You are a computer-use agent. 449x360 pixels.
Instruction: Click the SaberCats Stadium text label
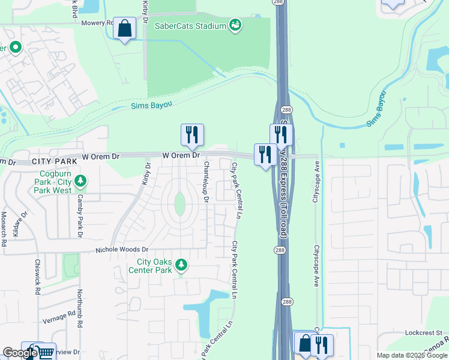[x=190, y=25]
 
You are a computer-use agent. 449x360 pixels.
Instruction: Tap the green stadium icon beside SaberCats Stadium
[x=235, y=25]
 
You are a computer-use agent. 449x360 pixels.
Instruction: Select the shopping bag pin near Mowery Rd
[x=124, y=28]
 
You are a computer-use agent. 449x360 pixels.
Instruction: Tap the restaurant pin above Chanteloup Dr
[x=192, y=136]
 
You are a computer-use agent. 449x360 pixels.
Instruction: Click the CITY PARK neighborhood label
[x=55, y=162]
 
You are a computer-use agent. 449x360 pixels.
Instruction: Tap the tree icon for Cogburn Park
[x=80, y=181]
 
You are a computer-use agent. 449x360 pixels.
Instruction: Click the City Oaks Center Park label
[x=154, y=266]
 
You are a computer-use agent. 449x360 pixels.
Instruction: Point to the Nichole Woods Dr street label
[x=122, y=249]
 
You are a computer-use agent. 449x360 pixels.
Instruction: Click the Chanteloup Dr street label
[x=206, y=182]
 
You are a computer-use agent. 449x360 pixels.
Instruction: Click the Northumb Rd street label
[x=79, y=308]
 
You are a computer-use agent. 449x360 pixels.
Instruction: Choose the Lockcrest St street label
[x=423, y=332]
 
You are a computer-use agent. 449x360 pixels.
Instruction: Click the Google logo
[x=20, y=353]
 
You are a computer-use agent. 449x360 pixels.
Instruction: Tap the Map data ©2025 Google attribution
[x=411, y=355]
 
